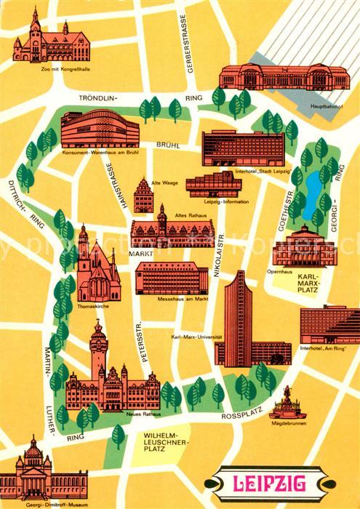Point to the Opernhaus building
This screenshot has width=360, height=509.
coord(303,247)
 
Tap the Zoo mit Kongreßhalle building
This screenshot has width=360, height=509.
coord(46,42)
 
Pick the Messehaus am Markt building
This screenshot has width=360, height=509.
coord(172,277)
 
